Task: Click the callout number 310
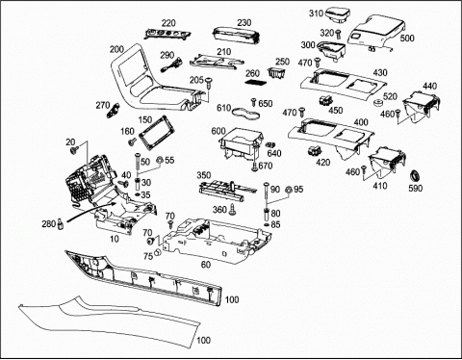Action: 317,13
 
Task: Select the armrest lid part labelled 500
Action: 375,31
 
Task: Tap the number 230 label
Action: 244,23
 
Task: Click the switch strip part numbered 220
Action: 167,34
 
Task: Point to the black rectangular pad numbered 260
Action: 256,82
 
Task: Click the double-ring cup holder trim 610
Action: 245,113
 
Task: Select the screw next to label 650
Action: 253,102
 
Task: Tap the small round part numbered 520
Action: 378,103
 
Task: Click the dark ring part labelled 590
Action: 416,176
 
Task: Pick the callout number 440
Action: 429,86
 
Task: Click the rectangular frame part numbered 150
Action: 157,132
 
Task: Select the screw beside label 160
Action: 132,141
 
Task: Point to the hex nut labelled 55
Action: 160,160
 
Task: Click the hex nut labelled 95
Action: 288,190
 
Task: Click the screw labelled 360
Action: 232,210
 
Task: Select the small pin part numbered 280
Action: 60,223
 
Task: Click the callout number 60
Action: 206,265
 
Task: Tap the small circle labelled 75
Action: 158,252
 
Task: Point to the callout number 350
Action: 204,175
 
